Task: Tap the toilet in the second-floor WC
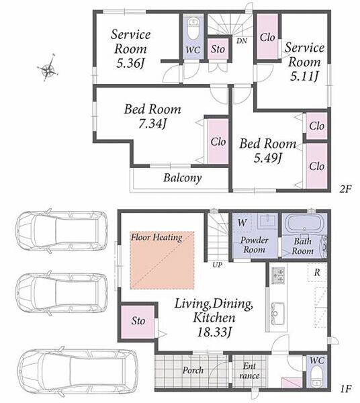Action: click(193, 29)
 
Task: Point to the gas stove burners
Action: click(278, 276)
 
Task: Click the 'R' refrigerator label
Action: click(317, 273)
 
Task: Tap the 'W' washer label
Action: click(242, 222)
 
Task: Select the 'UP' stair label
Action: click(217, 265)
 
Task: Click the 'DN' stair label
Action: click(242, 41)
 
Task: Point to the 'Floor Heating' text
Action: click(156, 237)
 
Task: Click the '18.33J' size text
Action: click(214, 332)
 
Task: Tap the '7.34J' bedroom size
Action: click(152, 124)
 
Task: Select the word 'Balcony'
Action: click(183, 178)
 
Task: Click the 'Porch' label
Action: click(193, 370)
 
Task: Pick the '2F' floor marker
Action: click(345, 189)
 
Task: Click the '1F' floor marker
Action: click(345, 390)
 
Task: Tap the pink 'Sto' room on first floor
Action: click(138, 322)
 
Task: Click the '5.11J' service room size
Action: click(304, 77)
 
